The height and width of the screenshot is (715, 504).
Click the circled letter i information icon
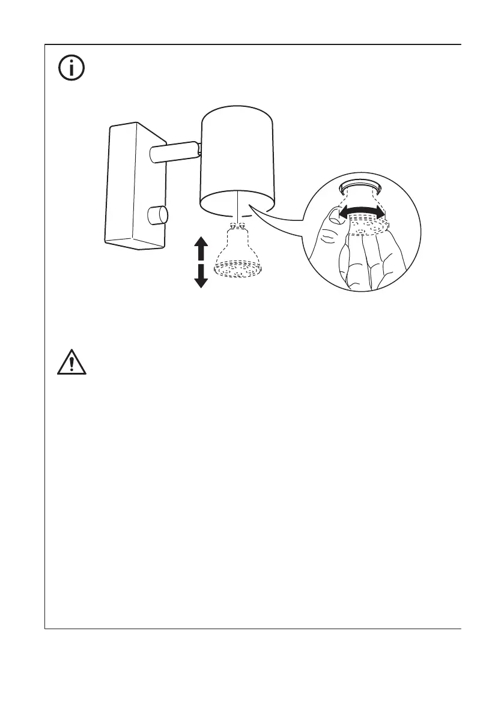pos(71,69)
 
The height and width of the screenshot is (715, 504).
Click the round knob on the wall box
pos(157,215)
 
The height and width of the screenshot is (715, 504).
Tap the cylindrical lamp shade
pos(237,159)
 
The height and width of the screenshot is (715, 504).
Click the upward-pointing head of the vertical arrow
pos(201,243)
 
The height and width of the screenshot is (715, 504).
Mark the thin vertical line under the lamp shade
pos(238,207)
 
